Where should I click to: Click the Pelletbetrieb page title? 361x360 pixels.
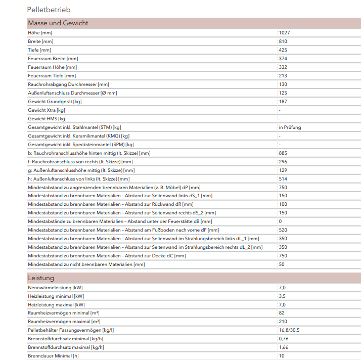tap(49, 10)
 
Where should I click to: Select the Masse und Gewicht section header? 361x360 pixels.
tap(58, 23)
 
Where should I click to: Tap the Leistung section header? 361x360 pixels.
tap(41, 278)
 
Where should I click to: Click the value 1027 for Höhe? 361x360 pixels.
tap(284, 33)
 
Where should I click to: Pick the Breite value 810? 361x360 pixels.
tap(283, 41)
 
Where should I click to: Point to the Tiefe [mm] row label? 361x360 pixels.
tap(39, 50)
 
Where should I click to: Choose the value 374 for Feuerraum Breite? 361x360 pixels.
tap(283, 59)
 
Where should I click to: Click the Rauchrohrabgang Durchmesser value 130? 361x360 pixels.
tap(283, 84)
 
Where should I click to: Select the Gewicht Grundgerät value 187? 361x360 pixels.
tap(283, 102)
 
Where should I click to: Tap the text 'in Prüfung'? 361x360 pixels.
tap(289, 127)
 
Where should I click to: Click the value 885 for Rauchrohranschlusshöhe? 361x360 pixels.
tap(283, 153)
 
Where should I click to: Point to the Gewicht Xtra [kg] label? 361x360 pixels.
tap(47, 110)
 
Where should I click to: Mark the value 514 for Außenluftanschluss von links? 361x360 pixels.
tap(283, 179)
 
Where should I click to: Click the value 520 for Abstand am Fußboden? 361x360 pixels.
tap(283, 230)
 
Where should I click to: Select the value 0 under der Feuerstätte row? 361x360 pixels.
tap(280, 221)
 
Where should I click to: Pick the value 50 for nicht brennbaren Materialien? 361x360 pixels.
tap(282, 264)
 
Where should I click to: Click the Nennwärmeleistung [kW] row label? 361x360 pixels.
tap(56, 288)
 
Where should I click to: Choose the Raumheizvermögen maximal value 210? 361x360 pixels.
tap(283, 322)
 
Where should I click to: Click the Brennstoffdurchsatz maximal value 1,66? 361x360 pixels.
tap(284, 347)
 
